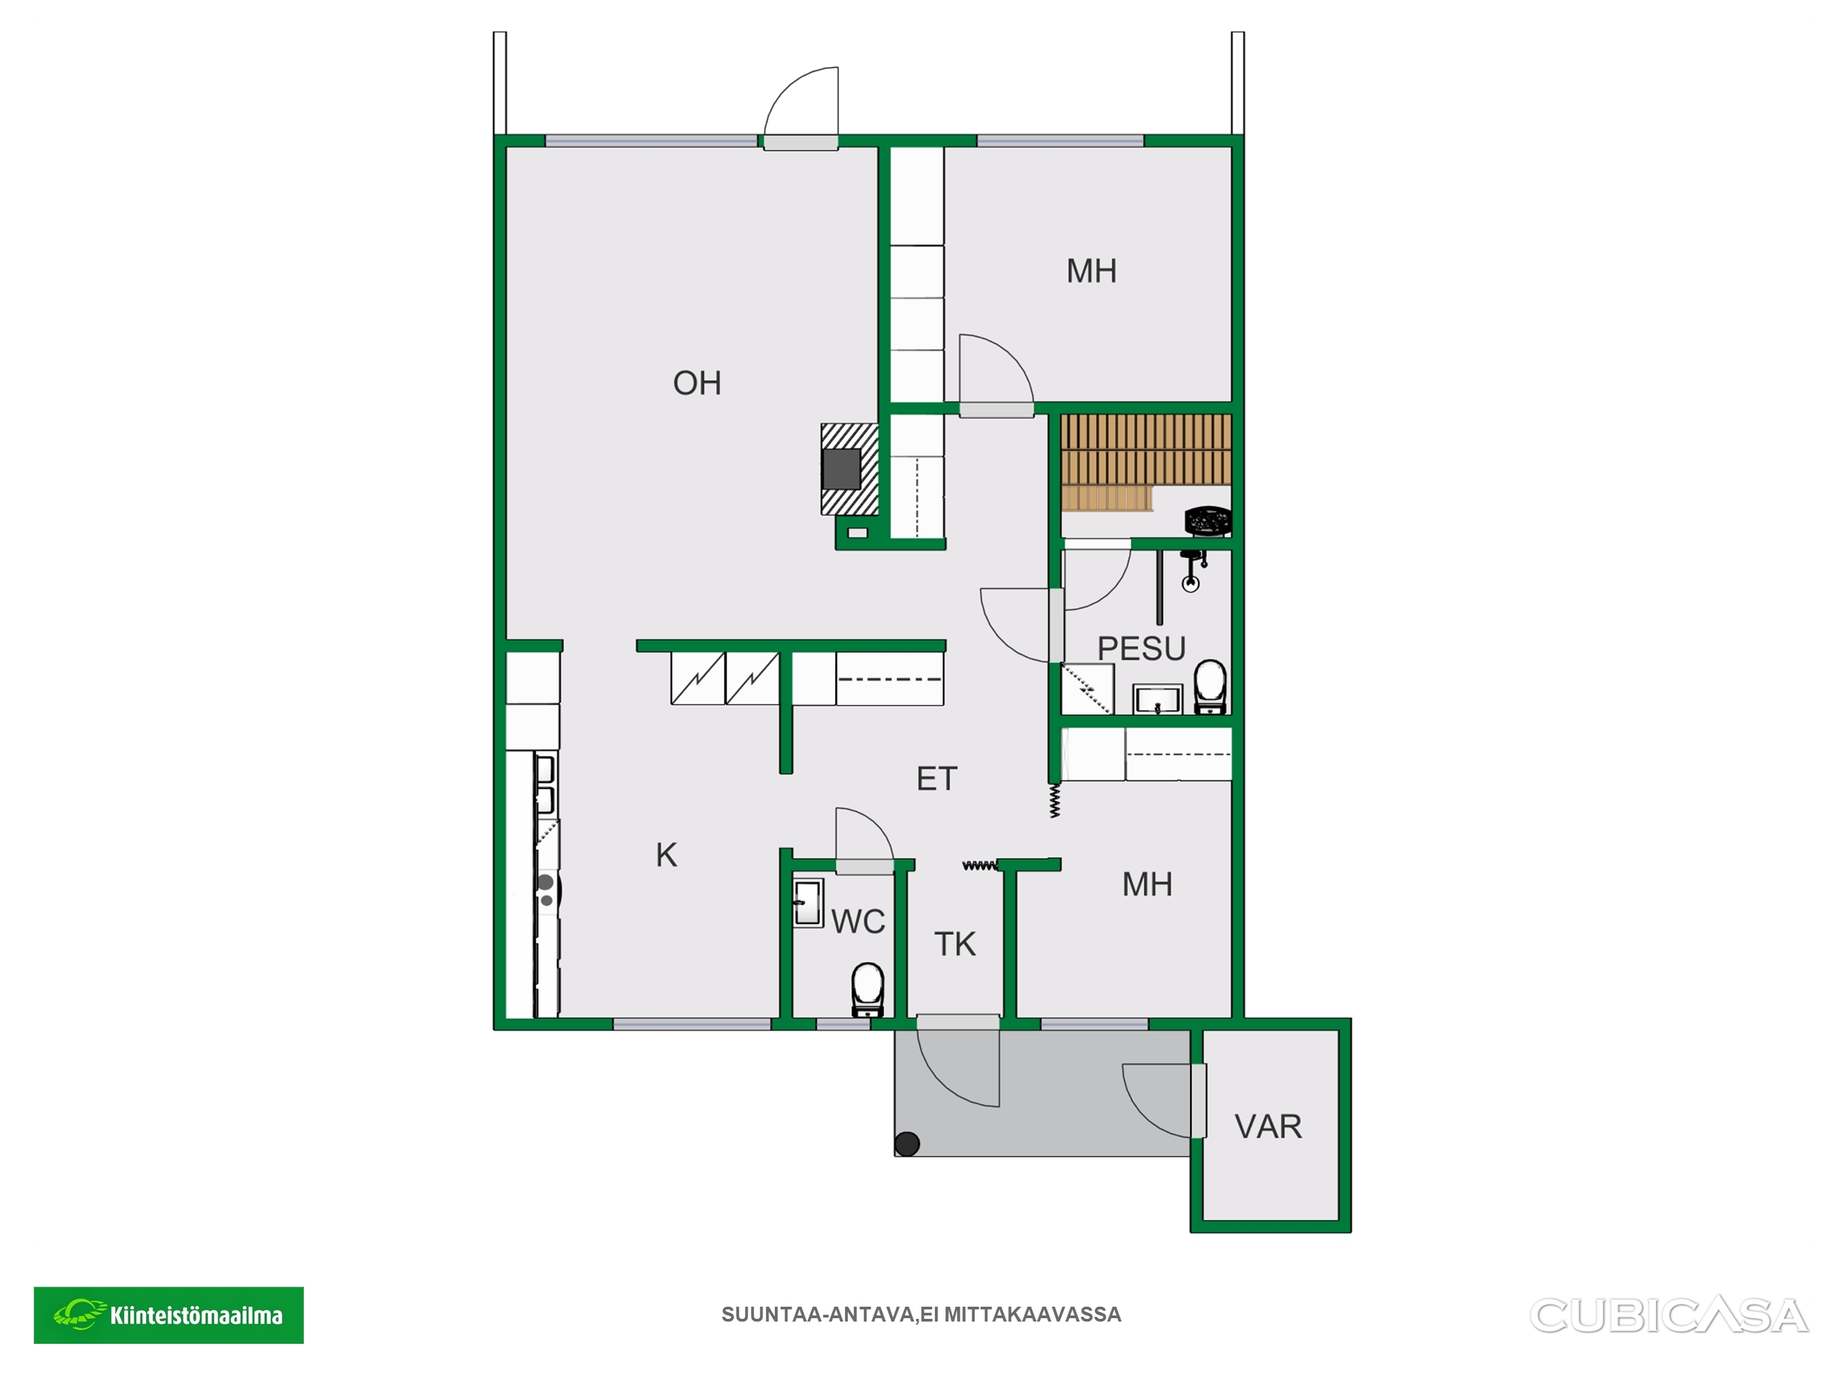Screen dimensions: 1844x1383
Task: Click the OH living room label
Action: point(697,384)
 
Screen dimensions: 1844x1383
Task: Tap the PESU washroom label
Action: point(1142,648)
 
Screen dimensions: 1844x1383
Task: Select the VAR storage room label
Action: point(1268,1127)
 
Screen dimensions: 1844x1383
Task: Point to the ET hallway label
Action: point(937,779)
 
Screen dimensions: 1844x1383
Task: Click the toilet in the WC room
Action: point(868,989)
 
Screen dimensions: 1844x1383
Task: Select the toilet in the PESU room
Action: point(1210,687)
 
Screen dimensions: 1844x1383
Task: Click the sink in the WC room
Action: point(807,903)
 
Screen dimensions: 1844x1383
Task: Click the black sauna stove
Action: point(1208,521)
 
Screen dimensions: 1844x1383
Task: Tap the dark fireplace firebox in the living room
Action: point(841,469)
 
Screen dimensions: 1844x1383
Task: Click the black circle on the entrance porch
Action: point(907,1144)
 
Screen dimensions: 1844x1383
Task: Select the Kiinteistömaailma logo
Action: point(168,1315)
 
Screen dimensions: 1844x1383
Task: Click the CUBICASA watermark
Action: point(1669,1315)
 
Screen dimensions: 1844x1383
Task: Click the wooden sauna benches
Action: point(1146,461)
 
